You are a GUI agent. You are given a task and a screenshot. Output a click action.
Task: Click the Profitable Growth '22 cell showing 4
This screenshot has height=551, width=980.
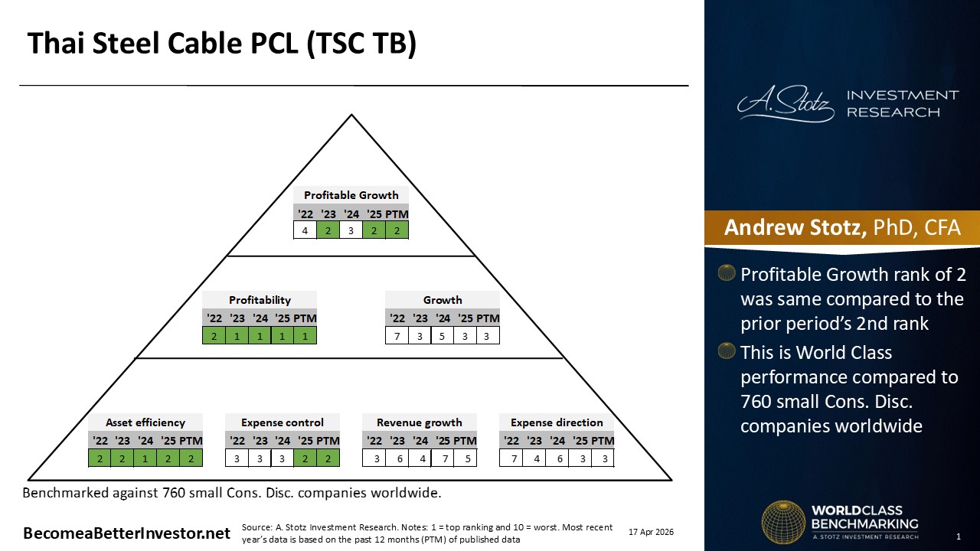click(305, 230)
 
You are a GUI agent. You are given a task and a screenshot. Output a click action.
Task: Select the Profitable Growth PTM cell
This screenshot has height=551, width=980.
click(397, 230)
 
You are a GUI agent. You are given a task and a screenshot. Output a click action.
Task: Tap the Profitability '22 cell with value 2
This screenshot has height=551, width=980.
click(214, 336)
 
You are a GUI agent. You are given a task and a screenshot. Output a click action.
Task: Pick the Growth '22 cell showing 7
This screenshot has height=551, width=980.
click(397, 336)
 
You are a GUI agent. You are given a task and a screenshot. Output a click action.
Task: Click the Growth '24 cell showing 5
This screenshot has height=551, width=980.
click(443, 336)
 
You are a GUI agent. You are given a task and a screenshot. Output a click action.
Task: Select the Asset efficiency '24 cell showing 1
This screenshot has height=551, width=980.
click(145, 458)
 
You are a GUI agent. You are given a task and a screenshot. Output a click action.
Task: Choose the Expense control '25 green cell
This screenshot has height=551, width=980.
click(305, 458)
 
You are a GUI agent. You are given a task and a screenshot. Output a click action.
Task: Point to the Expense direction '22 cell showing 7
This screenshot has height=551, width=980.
click(511, 458)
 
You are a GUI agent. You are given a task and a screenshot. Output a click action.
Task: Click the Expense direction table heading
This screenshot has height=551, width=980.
click(557, 422)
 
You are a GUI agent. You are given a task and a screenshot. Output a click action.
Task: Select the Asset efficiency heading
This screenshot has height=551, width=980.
click(145, 422)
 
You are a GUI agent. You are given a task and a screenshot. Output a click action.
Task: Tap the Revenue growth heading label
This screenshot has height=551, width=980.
click(419, 422)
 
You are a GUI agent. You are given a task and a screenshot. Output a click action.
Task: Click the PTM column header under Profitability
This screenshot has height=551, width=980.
click(305, 318)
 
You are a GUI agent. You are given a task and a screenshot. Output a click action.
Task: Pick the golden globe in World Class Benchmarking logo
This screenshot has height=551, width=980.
click(783, 522)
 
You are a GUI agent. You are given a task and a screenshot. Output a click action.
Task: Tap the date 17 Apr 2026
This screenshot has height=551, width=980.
click(651, 532)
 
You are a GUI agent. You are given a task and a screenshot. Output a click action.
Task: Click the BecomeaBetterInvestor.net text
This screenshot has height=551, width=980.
click(127, 533)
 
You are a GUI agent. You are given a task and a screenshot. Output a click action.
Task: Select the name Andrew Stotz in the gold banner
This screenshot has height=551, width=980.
click(795, 227)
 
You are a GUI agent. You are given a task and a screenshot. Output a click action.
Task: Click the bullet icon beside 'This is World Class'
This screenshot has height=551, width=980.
click(727, 351)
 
